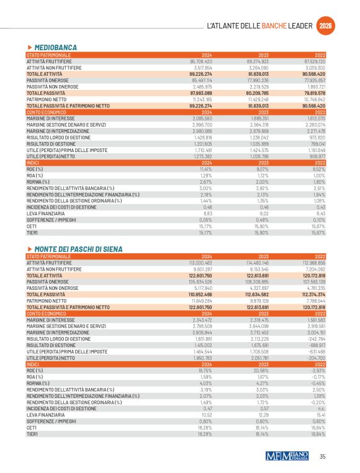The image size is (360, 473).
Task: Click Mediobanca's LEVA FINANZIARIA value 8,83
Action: point(208,214)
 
